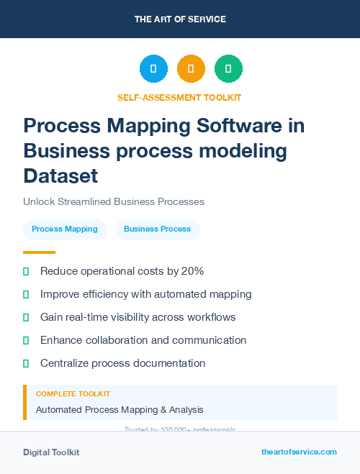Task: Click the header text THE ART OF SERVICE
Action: coord(180,19)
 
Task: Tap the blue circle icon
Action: coord(153,68)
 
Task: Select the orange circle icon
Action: coord(191,68)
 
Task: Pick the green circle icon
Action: coord(228,68)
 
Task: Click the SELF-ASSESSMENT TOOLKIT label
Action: coord(179,98)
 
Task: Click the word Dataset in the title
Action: coord(60,175)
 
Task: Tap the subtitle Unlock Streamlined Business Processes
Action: coord(114,201)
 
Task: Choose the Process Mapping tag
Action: coord(65,229)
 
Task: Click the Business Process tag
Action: coord(157,229)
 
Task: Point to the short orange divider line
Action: coord(39,252)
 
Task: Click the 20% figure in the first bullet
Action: coord(193,271)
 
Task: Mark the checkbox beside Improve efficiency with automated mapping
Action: coord(26,294)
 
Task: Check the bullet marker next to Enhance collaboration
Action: coord(26,340)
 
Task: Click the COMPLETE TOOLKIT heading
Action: coord(73,394)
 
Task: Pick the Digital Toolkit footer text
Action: coord(51,452)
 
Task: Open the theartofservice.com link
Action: coord(299,452)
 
